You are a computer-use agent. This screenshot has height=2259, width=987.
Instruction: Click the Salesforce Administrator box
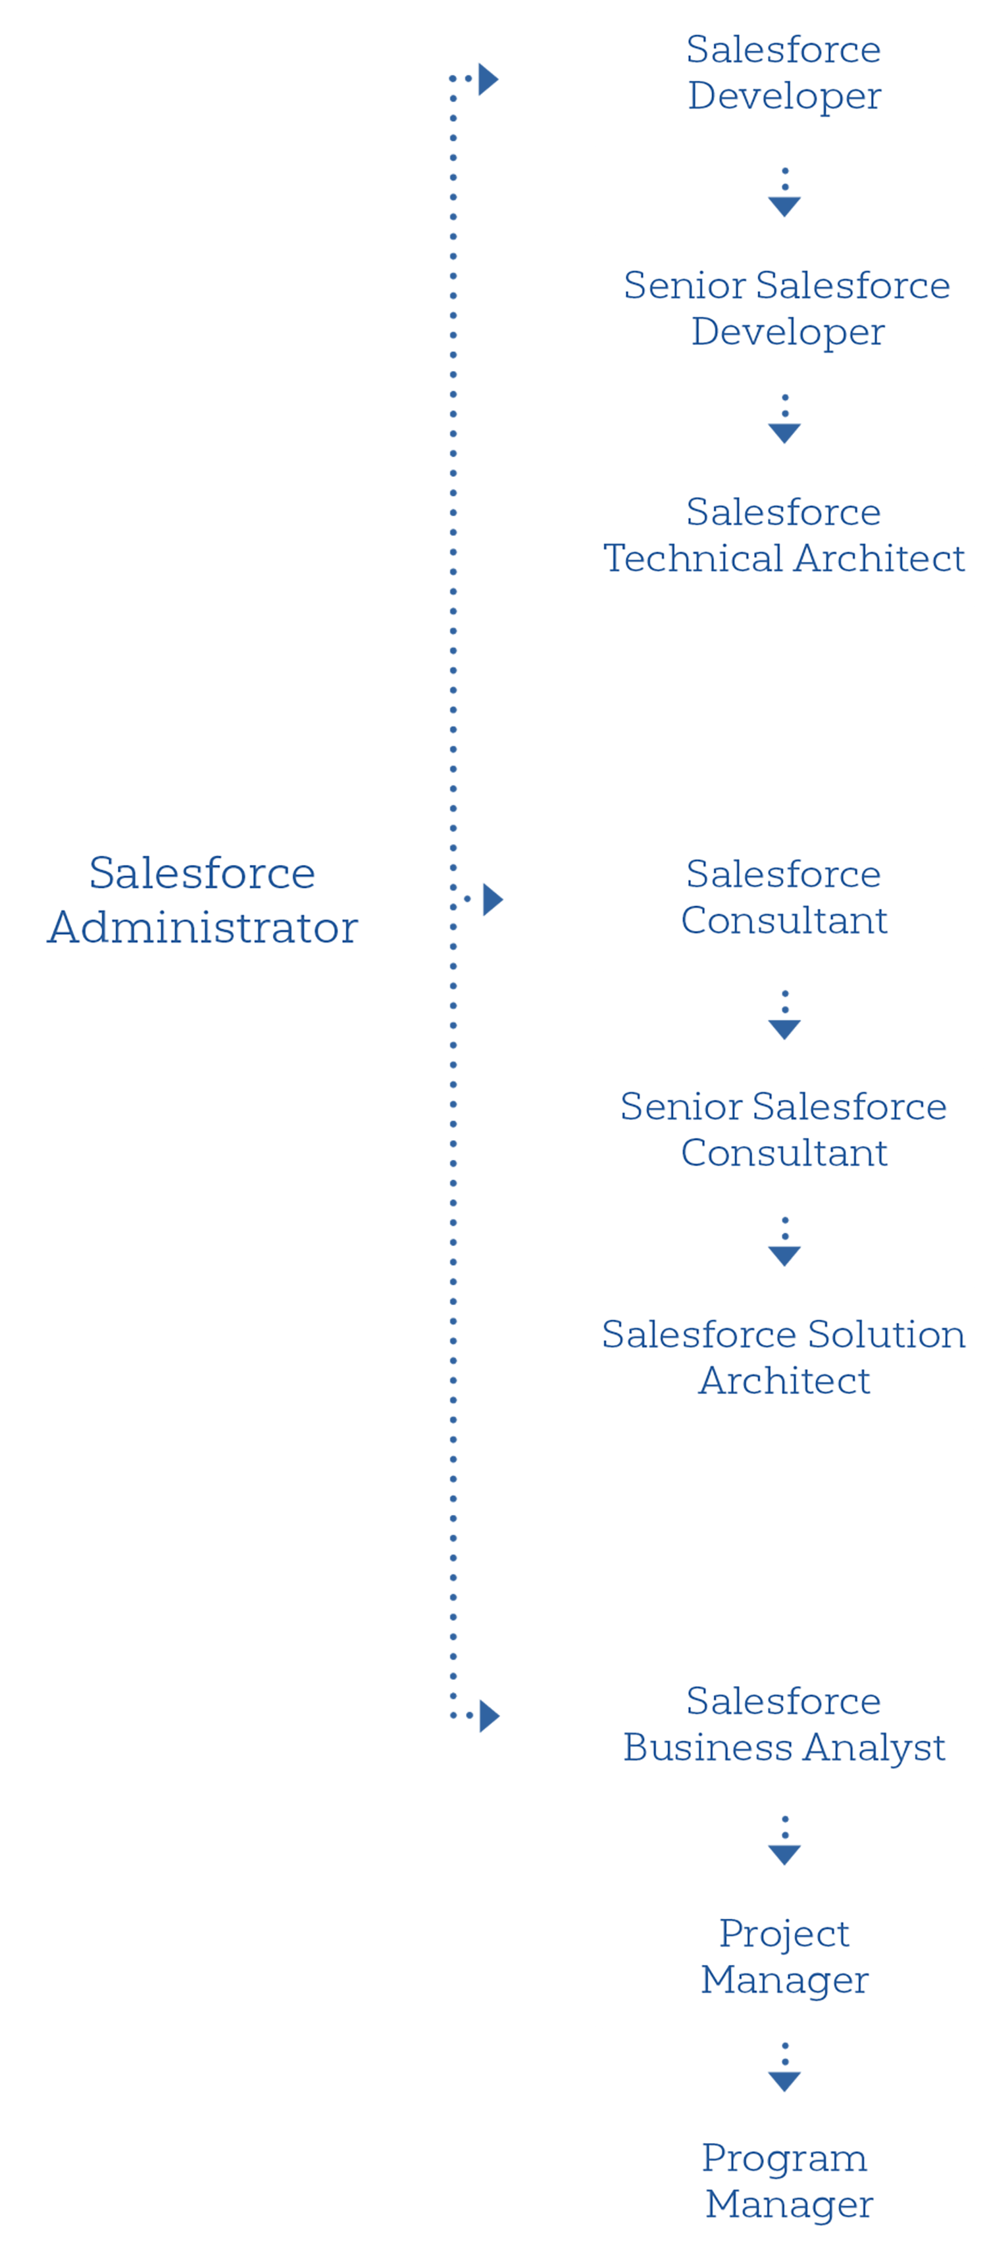pos(202,899)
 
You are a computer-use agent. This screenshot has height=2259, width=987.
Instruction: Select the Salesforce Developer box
pos(784,74)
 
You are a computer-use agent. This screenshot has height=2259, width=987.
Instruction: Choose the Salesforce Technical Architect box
pos(784,535)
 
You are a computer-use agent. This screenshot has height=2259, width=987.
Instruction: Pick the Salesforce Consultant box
pos(784,897)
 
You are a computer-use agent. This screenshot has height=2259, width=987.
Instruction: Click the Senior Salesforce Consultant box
pos(784,1129)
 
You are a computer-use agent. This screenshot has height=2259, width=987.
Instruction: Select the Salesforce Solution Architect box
pos(784,1358)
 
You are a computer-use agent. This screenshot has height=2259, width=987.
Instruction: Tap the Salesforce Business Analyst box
pos(784,1723)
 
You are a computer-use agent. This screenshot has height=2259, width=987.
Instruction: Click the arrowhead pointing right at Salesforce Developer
pos(488,80)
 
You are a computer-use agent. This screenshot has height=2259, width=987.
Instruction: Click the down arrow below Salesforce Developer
pos(784,205)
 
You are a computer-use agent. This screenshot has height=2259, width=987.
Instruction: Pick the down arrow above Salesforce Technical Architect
pos(784,432)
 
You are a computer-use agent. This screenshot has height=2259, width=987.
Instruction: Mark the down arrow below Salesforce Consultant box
pos(784,1029)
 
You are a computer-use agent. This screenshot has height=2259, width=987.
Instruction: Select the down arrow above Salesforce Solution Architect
pos(784,1255)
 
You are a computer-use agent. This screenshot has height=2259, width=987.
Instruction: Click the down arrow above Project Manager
pos(784,1854)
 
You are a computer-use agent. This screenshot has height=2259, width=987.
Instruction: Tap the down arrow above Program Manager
pos(784,2081)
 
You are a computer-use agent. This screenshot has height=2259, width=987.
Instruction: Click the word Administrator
pos(203,928)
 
